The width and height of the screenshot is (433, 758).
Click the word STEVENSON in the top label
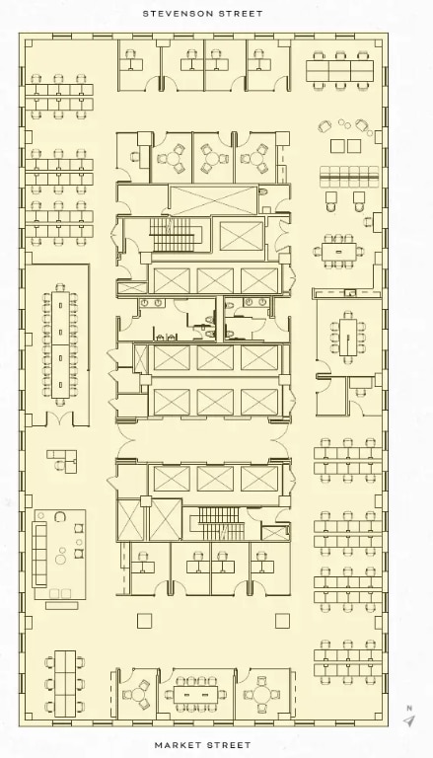179,14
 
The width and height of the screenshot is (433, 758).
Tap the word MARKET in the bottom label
177,745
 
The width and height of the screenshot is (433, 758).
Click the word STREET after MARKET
227,745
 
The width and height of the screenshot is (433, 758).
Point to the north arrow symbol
409,721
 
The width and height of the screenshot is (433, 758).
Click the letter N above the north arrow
409,709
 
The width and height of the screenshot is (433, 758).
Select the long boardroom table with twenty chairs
60,344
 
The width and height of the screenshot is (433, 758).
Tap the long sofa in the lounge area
39,554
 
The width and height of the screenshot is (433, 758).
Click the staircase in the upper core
173,235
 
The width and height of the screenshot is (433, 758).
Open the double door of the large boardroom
59,419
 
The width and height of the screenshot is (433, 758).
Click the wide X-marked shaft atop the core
213,200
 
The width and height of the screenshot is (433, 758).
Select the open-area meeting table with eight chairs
338,252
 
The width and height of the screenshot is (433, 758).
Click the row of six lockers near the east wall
349,177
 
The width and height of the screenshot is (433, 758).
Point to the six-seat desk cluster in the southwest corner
65,684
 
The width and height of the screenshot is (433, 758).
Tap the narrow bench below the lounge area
61,605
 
